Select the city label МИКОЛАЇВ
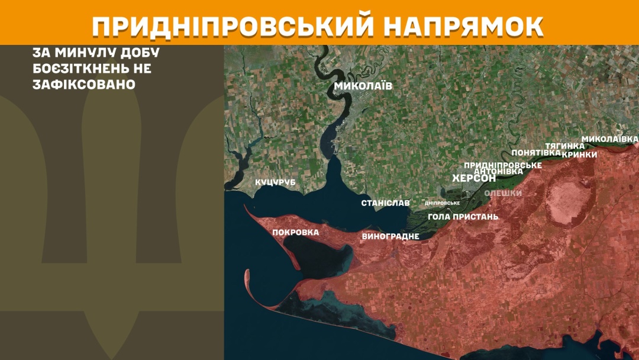(x=363, y=86)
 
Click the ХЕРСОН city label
(x=473, y=178)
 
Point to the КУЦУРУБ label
(x=275, y=182)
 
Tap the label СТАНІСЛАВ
(x=385, y=203)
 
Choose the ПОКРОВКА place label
(x=295, y=232)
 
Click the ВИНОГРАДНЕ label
(x=390, y=236)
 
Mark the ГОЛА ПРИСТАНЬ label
(x=463, y=217)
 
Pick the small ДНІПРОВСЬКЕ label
(x=443, y=203)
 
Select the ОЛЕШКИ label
(x=503, y=193)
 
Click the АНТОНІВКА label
(x=499, y=171)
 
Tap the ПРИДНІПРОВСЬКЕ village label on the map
(x=503, y=165)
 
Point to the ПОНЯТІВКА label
(x=536, y=152)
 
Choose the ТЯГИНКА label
(x=564, y=146)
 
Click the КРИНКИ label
(x=579, y=154)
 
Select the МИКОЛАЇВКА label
(x=609, y=139)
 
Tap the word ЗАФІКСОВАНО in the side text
(x=84, y=84)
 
